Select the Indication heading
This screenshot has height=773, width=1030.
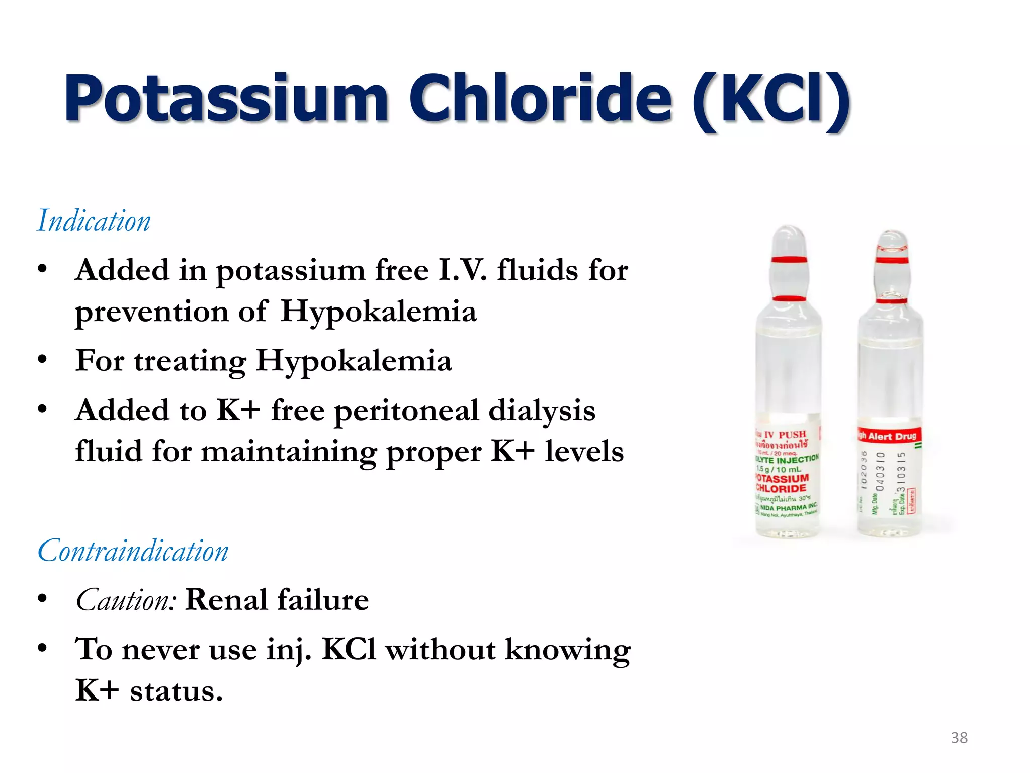pyautogui.click(x=94, y=221)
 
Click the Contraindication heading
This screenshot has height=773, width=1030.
pyautogui.click(x=133, y=551)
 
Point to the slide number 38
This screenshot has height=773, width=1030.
pyautogui.click(x=959, y=738)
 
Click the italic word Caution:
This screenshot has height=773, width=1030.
pyautogui.click(x=126, y=600)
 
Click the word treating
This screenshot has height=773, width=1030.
pyautogui.click(x=190, y=362)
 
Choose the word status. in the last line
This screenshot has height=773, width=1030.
pyautogui.click(x=176, y=690)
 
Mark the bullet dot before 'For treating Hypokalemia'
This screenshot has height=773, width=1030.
pyautogui.click(x=42, y=360)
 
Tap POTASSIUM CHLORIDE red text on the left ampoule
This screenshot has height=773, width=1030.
pyautogui.click(x=783, y=483)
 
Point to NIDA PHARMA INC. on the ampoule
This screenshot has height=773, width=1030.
pyautogui.click(x=789, y=507)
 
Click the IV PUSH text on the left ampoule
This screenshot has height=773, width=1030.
pyautogui.click(x=785, y=434)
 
